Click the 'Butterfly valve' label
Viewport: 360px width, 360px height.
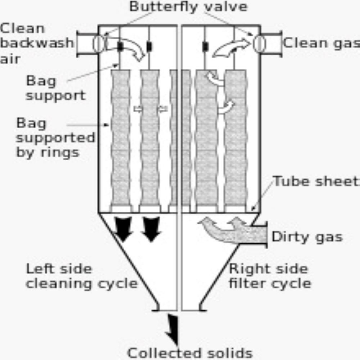tap(188, 6)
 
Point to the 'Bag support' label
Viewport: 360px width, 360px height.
tap(55, 88)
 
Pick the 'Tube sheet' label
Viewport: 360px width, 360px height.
tap(316, 181)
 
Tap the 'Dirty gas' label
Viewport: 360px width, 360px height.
tap(307, 237)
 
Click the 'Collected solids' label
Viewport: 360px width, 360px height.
tap(189, 353)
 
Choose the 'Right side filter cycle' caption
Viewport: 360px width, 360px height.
tap(270, 276)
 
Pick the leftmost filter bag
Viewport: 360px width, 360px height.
tap(121, 137)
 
